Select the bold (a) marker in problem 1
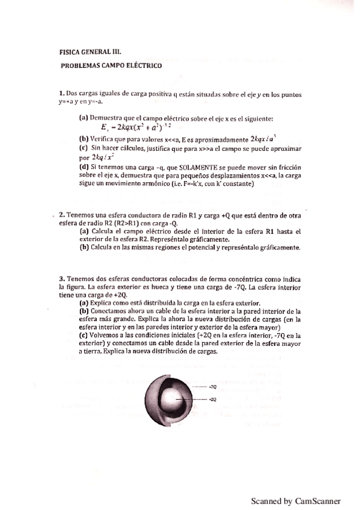coord(84,117)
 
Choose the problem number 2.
coord(61,215)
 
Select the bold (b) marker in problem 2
coord(84,247)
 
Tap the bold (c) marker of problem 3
coord(84,336)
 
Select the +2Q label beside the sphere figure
coord(212,399)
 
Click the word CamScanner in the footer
coord(318,500)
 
